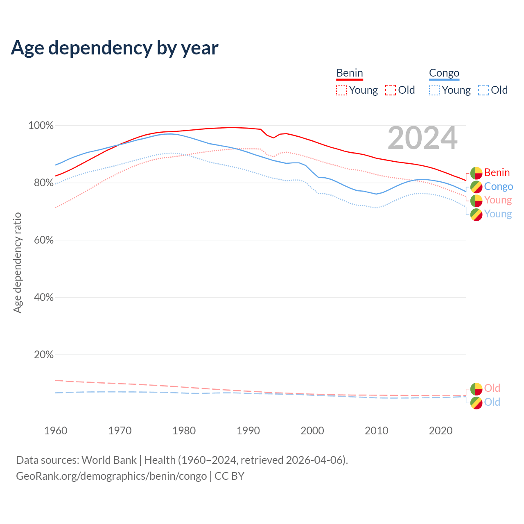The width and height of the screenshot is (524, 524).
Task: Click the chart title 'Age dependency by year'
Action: click(115, 48)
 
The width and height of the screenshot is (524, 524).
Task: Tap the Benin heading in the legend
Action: click(350, 73)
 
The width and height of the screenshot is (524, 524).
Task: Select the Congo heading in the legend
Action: click(444, 73)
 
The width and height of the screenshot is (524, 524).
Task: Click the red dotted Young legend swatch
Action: click(341, 90)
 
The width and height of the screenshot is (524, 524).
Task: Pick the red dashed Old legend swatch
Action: click(391, 90)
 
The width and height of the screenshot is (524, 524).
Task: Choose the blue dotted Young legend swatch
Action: click(434, 90)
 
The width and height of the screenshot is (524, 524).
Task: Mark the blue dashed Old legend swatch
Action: click(483, 90)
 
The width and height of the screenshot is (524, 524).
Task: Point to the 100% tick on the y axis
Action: click(41, 126)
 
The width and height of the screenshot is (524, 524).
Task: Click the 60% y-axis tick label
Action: click(43, 240)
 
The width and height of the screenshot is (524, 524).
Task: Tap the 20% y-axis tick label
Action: click(43, 355)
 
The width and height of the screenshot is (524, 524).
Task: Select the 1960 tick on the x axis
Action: click(56, 431)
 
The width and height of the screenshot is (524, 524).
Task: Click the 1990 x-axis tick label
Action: click(248, 431)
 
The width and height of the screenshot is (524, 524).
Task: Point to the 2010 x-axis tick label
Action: click(377, 431)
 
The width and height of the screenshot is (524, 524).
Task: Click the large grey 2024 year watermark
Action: click(422, 138)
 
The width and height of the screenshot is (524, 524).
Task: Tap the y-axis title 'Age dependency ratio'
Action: click(17, 262)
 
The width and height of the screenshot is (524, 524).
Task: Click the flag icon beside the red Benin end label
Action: click(476, 173)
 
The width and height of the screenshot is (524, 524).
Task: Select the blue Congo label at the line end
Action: click(498, 187)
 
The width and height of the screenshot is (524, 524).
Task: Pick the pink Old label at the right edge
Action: click(492, 388)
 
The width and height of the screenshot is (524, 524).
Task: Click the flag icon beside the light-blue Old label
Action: click(476, 403)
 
